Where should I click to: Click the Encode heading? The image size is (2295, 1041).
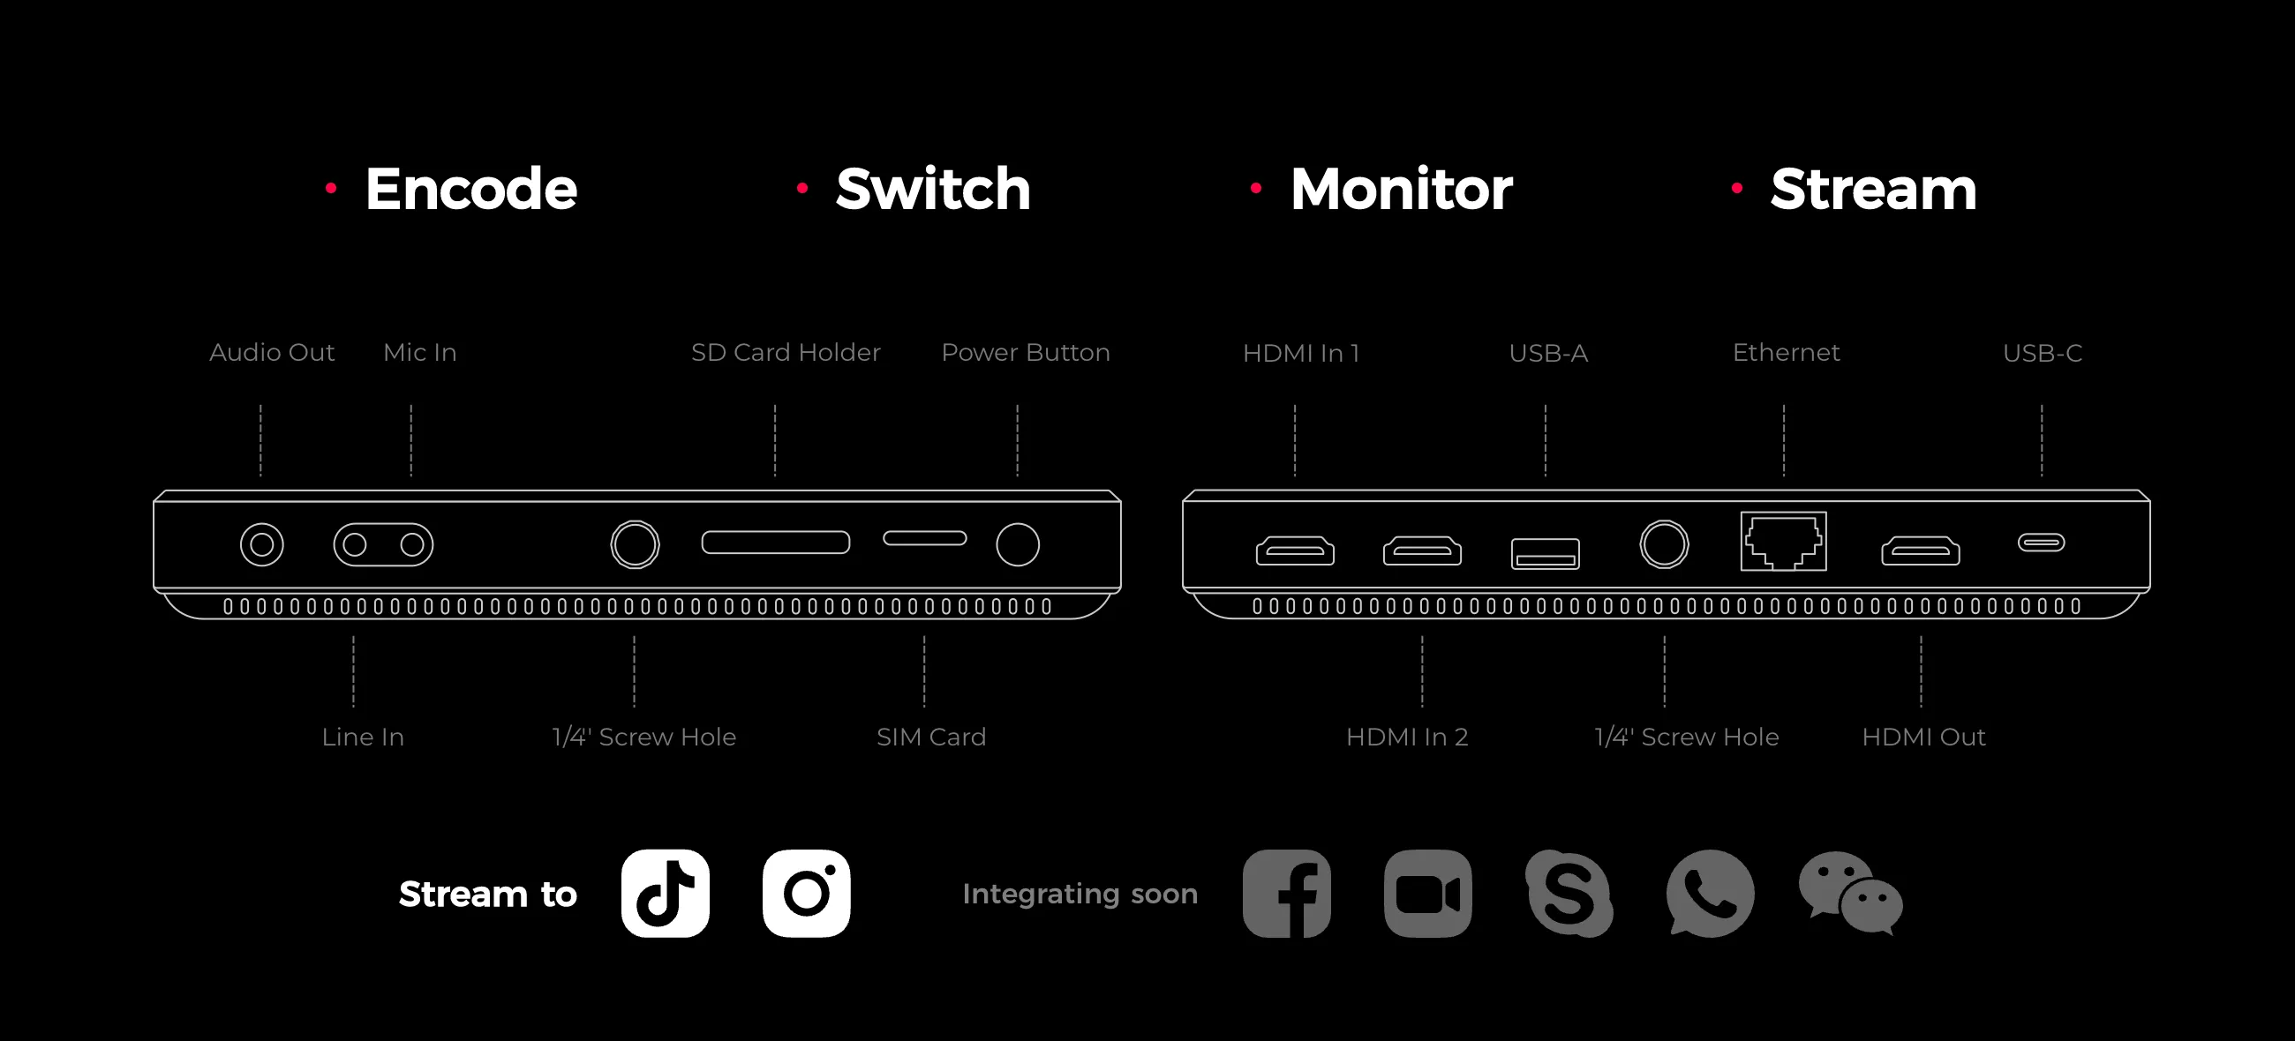coord(471,189)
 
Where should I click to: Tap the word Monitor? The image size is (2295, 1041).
coord(1402,189)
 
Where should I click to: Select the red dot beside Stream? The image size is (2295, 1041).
coord(1736,188)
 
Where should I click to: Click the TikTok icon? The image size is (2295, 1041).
coord(666,893)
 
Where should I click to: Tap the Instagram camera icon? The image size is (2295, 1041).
coord(806,893)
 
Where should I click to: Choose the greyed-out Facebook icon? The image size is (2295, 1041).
coord(1286,893)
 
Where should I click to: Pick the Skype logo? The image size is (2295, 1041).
coord(1569,893)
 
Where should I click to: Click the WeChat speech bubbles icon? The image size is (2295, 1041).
coord(1850,893)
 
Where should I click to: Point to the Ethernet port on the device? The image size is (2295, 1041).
coord(1784,542)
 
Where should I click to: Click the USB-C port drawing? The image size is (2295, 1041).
coord(2041,543)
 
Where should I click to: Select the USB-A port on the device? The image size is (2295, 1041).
coord(1546,553)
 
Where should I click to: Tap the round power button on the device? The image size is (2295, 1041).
coord(1018,545)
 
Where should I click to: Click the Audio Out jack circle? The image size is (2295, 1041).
coord(262,545)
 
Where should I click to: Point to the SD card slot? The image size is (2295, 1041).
coord(775,543)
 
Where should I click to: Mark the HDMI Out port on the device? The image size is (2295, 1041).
coord(1921,551)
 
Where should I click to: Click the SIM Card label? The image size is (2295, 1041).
coord(931,737)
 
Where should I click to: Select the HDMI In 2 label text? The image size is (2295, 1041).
coord(1407,737)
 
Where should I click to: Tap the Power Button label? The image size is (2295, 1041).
coord(1026,353)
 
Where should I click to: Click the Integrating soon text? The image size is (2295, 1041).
coord(1080,893)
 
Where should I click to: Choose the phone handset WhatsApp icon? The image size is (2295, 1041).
coord(1710,893)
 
